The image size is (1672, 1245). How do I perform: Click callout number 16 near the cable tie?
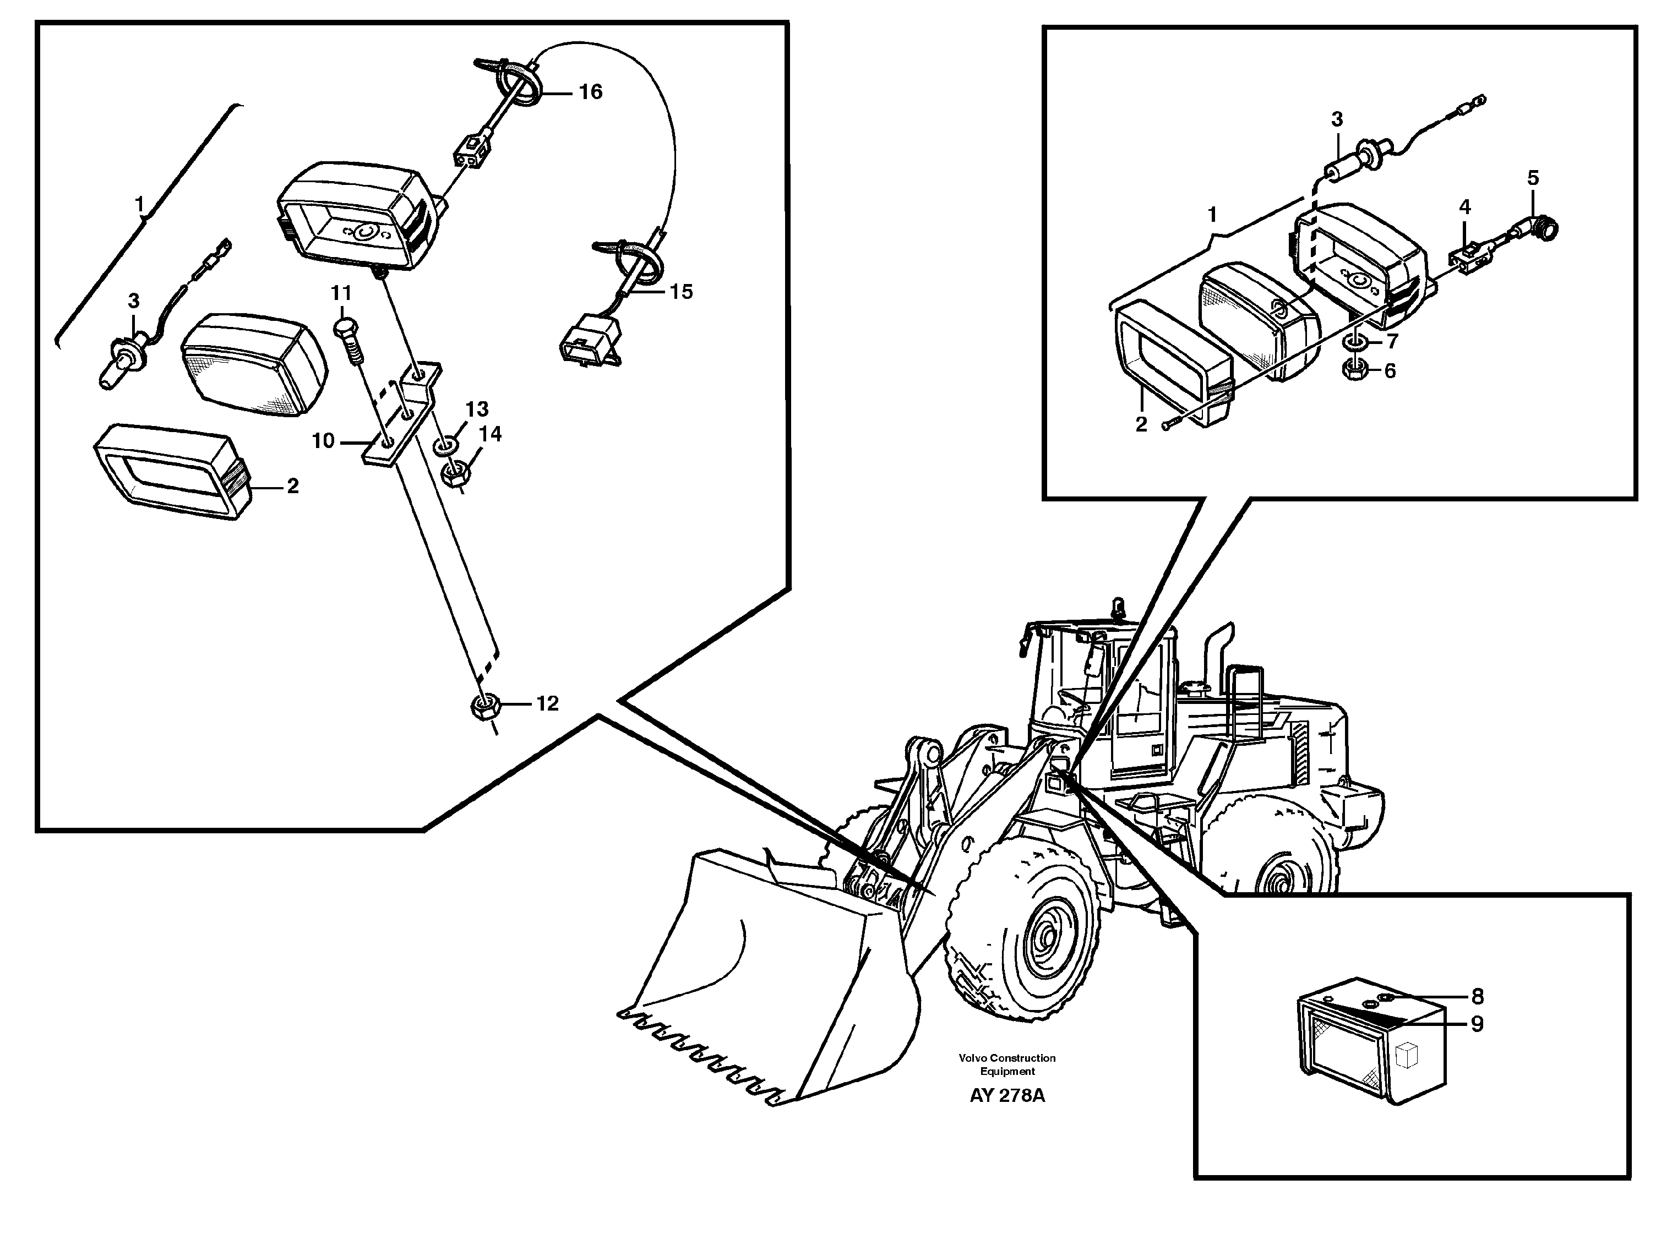coord(590,92)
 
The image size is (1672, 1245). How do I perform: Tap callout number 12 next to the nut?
coord(547,703)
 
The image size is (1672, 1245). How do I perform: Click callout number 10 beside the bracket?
coord(323,441)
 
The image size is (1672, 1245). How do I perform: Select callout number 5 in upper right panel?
coord(1533,179)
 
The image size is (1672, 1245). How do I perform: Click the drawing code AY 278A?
coord(1007,1096)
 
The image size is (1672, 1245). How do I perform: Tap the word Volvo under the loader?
coord(972,1058)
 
